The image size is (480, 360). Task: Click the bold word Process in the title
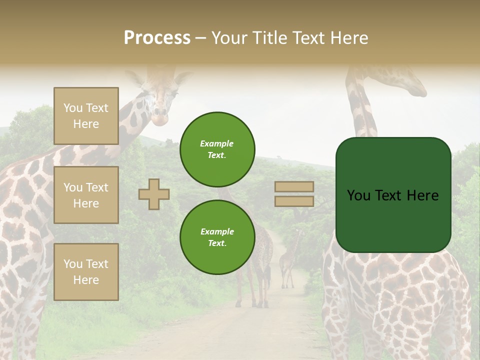pyautogui.click(x=157, y=38)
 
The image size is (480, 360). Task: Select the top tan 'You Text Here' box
pyautogui.click(x=86, y=116)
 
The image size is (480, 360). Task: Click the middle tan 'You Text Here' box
pyautogui.click(x=86, y=195)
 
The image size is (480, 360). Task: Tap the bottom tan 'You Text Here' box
pyautogui.click(x=86, y=272)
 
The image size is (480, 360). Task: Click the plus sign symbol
pyautogui.click(x=154, y=194)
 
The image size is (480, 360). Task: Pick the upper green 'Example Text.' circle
pyautogui.click(x=217, y=149)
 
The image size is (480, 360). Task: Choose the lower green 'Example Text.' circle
pyautogui.click(x=217, y=237)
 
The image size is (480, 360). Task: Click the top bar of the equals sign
pyautogui.click(x=294, y=187)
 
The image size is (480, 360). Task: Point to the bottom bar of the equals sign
pyautogui.click(x=294, y=201)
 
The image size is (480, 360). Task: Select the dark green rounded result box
pyautogui.click(x=393, y=195)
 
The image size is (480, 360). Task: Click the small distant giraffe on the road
pyautogui.click(x=290, y=260)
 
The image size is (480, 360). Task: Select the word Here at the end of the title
pyautogui.click(x=349, y=38)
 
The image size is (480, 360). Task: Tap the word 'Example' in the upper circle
pyautogui.click(x=217, y=143)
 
